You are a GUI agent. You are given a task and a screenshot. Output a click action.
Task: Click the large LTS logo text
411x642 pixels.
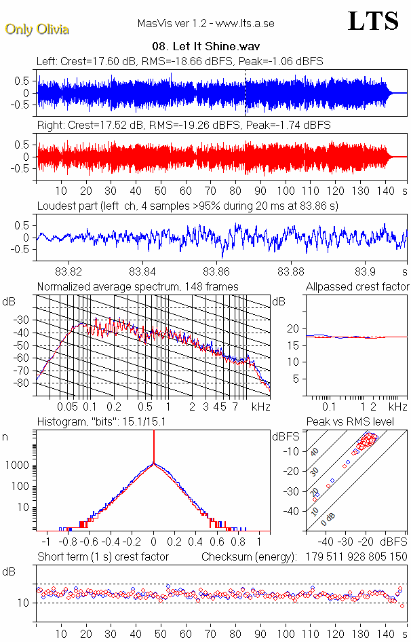click(x=372, y=21)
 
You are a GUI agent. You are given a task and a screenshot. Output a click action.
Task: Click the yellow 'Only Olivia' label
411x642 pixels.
click(x=37, y=29)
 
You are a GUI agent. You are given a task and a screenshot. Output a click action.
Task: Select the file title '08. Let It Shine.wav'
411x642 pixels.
click(x=211, y=48)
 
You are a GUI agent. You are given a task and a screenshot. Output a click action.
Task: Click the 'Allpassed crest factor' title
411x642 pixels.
click(x=357, y=286)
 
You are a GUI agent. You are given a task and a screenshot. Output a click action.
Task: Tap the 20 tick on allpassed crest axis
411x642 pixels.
click(x=293, y=328)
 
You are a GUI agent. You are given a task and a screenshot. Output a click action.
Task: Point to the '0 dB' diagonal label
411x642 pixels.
click(x=328, y=519)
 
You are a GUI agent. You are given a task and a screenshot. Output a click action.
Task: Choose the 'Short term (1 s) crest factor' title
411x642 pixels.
click(x=102, y=556)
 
